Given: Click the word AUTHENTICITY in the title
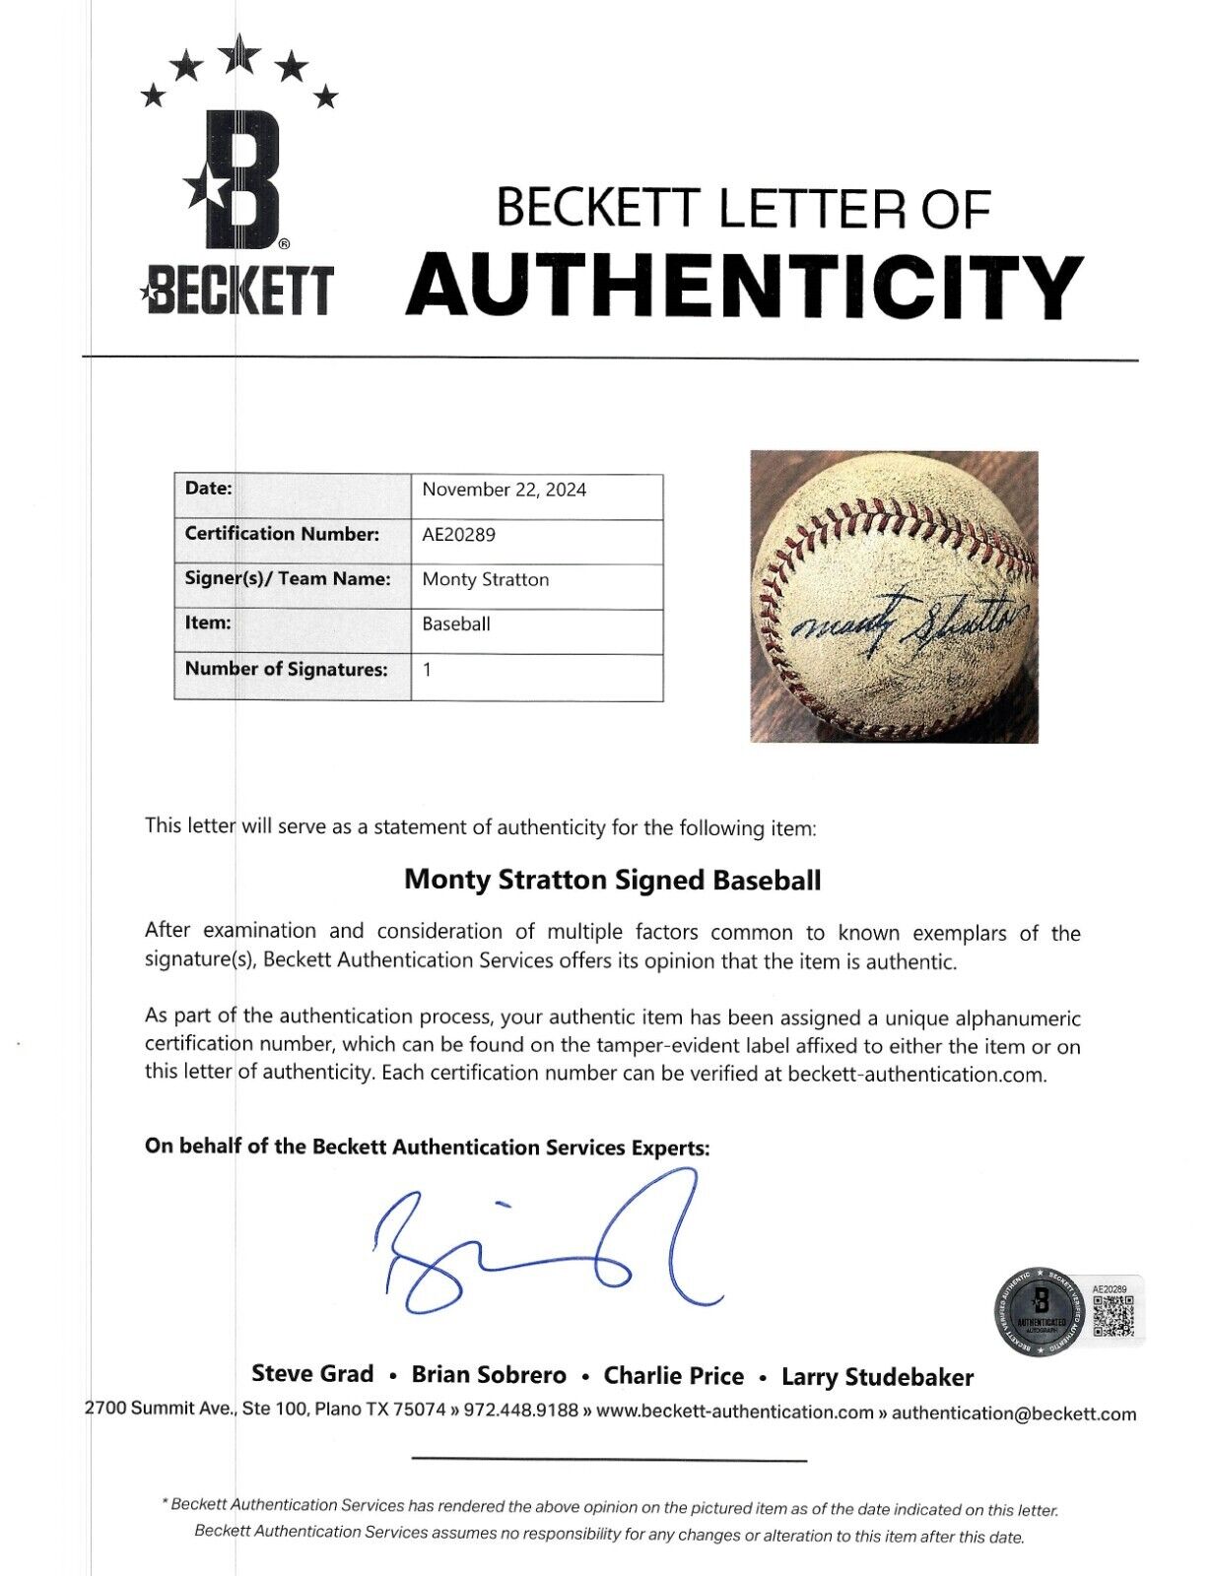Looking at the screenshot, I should click(744, 286).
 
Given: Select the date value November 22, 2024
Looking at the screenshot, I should click(504, 490).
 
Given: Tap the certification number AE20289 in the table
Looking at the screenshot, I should click(458, 535).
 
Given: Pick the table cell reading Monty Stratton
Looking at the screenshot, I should click(485, 580).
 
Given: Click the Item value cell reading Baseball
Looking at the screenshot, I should click(455, 624).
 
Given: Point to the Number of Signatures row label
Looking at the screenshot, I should click(286, 670).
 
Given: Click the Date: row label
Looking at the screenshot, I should click(209, 489).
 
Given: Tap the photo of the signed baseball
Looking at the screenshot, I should click(894, 596).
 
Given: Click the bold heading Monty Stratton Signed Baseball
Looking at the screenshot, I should click(612, 880).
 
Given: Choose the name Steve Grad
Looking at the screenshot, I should click(312, 1374).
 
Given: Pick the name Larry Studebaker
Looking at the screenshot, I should click(877, 1376).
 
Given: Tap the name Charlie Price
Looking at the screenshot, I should click(673, 1375).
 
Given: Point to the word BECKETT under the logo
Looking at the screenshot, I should click(237, 293).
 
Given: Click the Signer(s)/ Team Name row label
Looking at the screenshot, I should click(287, 579).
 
